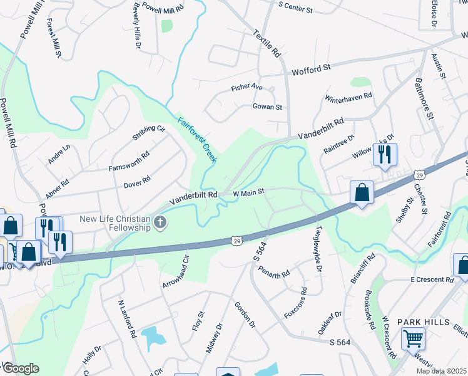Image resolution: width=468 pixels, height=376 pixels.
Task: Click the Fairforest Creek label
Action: pos(197,140)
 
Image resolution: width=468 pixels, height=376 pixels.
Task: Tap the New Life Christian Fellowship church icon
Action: pos(161,222)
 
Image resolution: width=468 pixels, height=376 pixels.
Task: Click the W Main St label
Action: pos(249,192)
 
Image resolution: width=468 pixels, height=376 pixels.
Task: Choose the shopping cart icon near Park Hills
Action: pos(413,339)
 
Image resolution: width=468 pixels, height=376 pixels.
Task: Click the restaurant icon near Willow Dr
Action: pos(384,154)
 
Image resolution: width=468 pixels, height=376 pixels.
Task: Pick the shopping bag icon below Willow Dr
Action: pos(362,193)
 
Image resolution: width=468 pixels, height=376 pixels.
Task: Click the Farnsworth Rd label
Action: pos(130,161)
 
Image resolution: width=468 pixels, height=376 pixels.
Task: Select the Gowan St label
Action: pos(267,107)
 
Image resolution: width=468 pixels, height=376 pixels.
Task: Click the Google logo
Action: pos(21,368)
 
